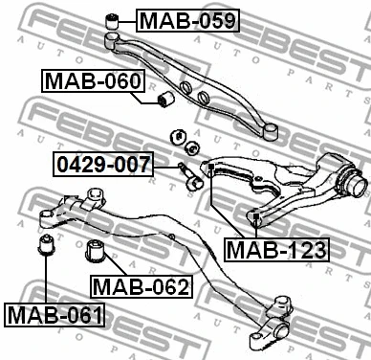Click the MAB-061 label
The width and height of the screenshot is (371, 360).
[55, 313]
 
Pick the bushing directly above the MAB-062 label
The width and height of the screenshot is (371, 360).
[97, 252]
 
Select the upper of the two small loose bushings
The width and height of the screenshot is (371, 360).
[177, 134]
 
